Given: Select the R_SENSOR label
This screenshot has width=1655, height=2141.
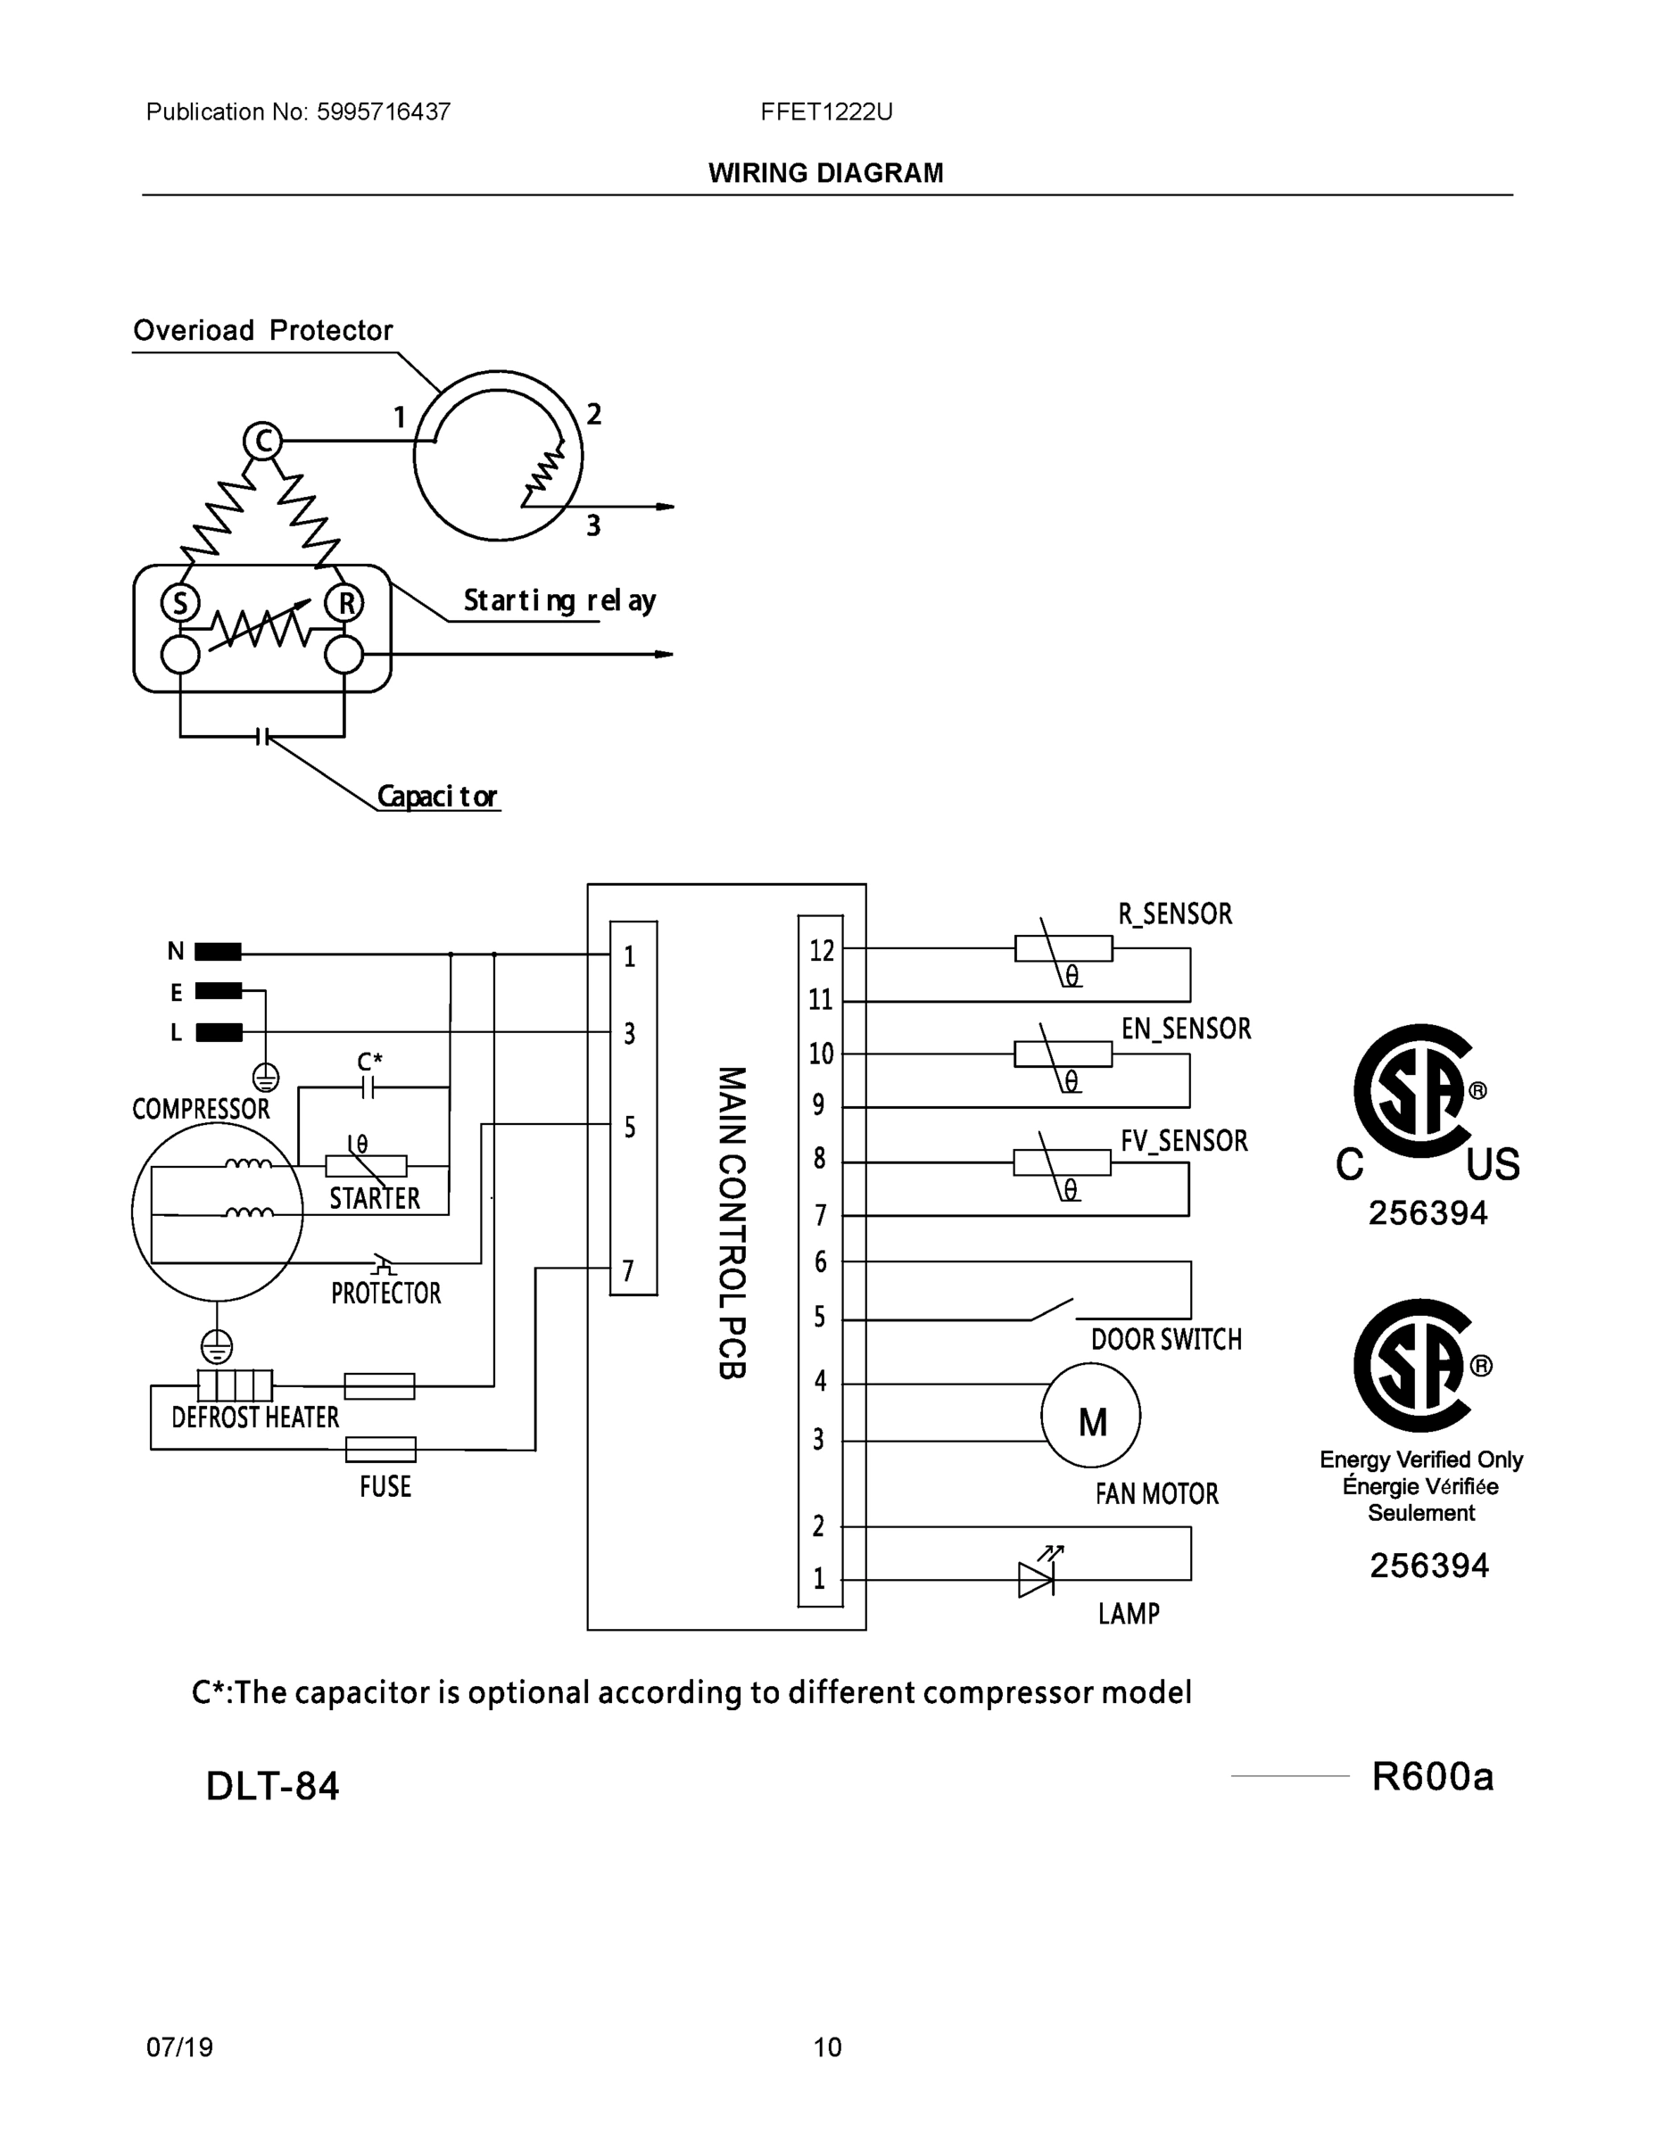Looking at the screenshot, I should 1175,913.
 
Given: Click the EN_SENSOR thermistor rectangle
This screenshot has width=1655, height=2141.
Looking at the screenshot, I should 1063,1054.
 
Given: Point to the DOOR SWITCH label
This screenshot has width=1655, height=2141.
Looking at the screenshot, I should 1166,1340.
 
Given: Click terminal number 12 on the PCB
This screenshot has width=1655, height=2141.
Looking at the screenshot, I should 822,950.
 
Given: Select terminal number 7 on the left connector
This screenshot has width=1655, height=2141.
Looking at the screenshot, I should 627,1270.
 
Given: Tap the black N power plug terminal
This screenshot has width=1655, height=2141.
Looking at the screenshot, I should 218,951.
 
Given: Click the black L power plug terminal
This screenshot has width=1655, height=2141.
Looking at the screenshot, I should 219,1032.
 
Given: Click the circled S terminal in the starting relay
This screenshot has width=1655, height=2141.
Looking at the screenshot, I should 180,602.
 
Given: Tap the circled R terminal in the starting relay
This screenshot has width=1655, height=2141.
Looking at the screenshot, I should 345,602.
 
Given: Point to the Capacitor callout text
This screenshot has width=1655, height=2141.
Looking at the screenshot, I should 437,796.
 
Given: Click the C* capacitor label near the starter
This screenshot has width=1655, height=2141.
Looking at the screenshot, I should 369,1062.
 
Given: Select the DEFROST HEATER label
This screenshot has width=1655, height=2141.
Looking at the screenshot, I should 255,1418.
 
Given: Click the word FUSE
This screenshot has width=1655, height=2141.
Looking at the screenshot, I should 385,1486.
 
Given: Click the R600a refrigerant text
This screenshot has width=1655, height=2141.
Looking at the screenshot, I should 1431,1775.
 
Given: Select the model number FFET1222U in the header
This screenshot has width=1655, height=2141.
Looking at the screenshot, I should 825,112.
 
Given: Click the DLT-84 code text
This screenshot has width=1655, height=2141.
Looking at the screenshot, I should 273,1786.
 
